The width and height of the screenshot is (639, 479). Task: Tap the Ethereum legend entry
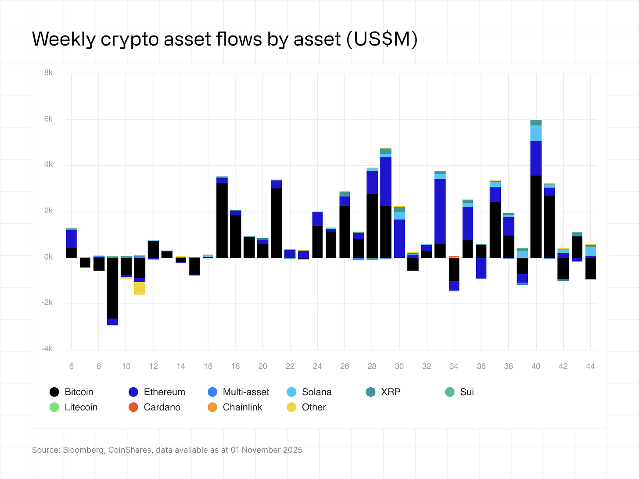157,392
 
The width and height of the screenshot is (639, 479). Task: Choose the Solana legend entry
309,392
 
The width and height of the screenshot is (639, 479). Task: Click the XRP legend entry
383,392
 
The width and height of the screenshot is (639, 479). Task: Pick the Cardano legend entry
154,408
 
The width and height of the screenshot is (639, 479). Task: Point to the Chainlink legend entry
235,408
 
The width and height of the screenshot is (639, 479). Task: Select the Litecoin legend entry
74,408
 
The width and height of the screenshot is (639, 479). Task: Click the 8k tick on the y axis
48,73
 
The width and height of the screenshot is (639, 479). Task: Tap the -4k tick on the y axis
47,349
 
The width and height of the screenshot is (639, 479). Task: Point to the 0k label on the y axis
48,257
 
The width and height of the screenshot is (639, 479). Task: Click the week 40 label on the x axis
536,366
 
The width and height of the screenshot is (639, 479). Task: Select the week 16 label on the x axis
208,366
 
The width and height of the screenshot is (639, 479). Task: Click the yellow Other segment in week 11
140,288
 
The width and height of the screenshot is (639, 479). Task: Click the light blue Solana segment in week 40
536,133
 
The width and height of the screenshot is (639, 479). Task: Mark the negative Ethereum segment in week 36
481,268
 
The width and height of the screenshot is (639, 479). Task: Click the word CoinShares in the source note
129,450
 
